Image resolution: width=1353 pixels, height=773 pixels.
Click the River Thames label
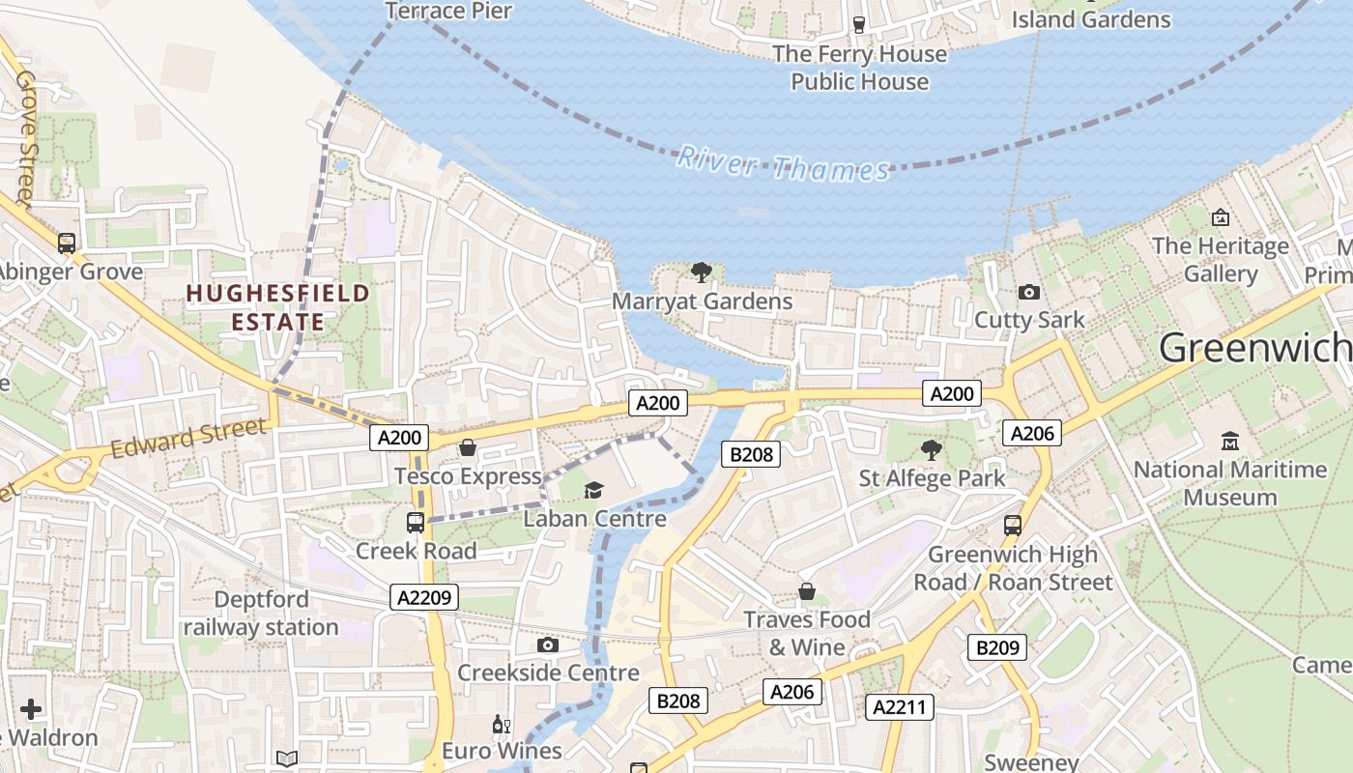click(x=782, y=164)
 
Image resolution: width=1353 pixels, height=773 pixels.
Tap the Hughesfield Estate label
click(x=277, y=307)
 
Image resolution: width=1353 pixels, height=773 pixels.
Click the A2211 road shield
click(x=899, y=707)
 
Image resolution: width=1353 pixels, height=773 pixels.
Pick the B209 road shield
click(x=997, y=647)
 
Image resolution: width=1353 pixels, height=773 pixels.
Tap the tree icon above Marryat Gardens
click(x=702, y=272)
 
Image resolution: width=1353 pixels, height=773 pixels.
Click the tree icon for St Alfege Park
click(x=932, y=449)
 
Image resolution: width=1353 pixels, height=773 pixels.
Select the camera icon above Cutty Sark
click(x=1029, y=292)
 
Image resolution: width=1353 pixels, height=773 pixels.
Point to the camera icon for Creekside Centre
click(x=548, y=644)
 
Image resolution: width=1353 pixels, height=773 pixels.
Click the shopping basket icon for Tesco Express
click(x=468, y=447)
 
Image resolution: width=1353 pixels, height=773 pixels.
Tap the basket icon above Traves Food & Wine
click(x=807, y=590)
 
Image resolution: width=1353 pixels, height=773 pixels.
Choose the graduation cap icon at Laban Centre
click(x=594, y=491)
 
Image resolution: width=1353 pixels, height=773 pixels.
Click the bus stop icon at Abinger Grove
click(x=67, y=243)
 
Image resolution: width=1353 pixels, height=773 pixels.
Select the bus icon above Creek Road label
click(x=416, y=523)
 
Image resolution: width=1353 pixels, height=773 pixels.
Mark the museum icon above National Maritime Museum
click(x=1230, y=442)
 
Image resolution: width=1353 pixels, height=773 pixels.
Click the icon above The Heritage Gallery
click(x=1220, y=217)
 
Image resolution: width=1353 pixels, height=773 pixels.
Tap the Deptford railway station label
click(x=261, y=614)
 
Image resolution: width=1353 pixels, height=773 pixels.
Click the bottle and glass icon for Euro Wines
click(x=501, y=724)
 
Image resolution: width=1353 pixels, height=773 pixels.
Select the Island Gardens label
click(x=1091, y=18)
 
